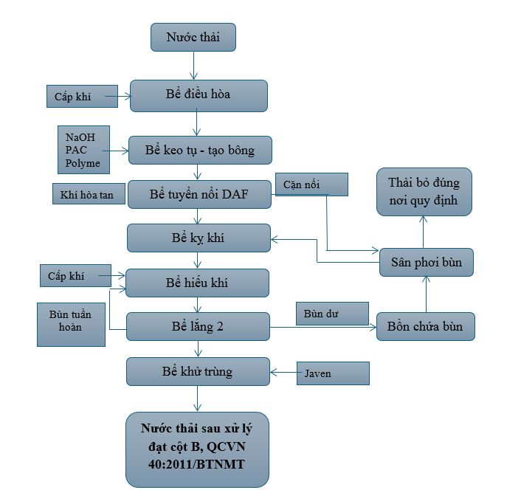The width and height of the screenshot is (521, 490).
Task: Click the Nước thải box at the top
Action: pyautogui.click(x=193, y=37)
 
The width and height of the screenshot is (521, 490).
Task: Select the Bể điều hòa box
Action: pyautogui.click(x=198, y=95)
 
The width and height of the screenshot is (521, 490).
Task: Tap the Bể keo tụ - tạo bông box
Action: pyautogui.click(x=199, y=151)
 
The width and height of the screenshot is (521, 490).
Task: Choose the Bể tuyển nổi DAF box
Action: pyautogui.click(x=199, y=194)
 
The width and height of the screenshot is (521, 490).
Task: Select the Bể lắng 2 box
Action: pyautogui.click(x=198, y=326)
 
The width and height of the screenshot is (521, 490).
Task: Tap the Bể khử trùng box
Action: pyautogui.click(x=198, y=371)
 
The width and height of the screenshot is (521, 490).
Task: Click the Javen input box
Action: pyautogui.click(x=332, y=373)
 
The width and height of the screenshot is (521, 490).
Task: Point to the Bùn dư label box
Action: pyautogui.click(x=332, y=314)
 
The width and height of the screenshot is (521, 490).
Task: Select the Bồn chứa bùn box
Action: pyautogui.click(x=425, y=326)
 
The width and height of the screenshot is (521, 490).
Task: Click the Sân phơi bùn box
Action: pyautogui.click(x=426, y=262)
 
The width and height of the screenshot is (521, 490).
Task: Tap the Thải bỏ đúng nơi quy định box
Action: pyautogui.click(x=424, y=191)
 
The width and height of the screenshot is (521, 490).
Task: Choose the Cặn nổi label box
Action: pyautogui.click(x=311, y=184)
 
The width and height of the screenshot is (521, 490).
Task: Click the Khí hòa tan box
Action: pyautogui.click(x=88, y=195)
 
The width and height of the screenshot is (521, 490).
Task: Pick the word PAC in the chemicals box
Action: pyautogui.click(x=76, y=150)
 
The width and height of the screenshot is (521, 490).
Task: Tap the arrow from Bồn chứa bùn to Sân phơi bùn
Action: pyautogui.click(x=425, y=295)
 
